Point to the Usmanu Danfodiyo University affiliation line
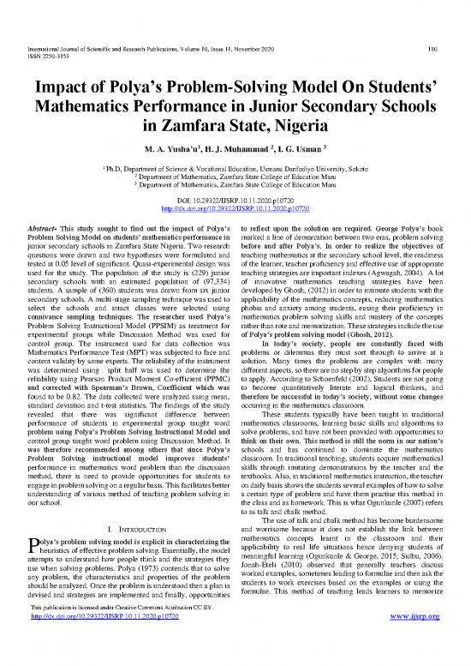[235, 172]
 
